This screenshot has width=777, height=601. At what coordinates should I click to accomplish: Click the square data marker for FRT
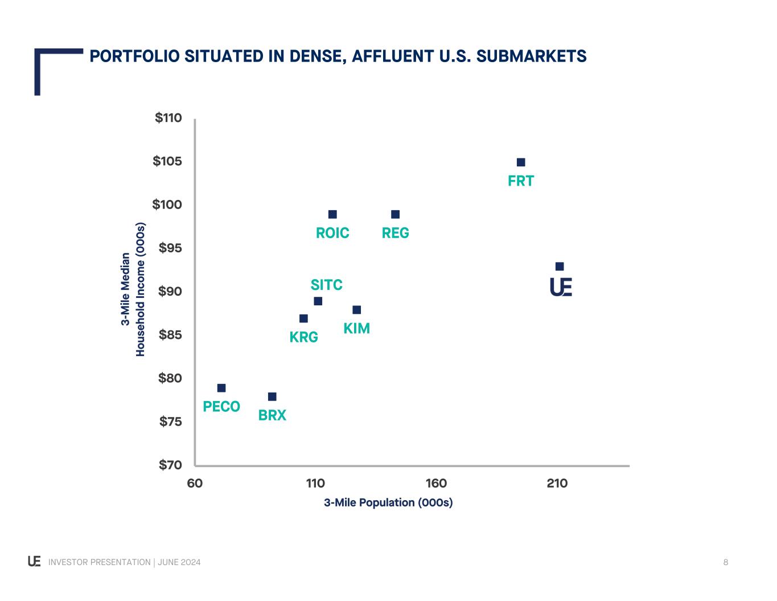tap(521, 162)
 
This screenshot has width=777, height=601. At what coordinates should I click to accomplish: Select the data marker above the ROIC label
tap(332, 214)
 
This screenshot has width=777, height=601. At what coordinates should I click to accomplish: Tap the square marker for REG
tap(396, 214)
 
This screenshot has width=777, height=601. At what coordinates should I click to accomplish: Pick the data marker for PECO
tap(221, 388)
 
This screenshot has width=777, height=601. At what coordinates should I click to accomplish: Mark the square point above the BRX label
tap(272, 396)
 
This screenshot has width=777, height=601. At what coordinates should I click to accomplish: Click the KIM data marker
tap(357, 310)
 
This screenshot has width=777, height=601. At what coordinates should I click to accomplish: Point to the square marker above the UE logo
tap(560, 267)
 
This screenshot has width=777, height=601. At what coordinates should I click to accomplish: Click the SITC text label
tap(327, 285)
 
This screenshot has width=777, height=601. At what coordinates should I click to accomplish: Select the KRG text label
tap(304, 337)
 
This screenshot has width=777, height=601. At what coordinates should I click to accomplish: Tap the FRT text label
tap(521, 181)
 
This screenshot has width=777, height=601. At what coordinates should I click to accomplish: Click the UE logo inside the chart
tap(561, 287)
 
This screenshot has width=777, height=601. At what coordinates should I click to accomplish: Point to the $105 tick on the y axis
tap(167, 161)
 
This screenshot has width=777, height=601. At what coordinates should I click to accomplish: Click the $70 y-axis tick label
tap(170, 465)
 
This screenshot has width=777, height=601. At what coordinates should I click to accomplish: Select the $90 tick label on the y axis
tap(170, 291)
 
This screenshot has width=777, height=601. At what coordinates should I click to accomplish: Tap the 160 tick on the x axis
tap(436, 483)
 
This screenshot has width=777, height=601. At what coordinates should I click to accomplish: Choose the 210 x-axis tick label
tap(557, 483)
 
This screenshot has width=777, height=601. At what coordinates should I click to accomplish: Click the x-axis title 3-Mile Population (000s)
tap(388, 502)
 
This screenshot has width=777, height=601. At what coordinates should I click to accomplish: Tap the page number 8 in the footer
tap(726, 562)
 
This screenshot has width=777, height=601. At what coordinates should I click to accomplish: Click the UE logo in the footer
tap(34, 562)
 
